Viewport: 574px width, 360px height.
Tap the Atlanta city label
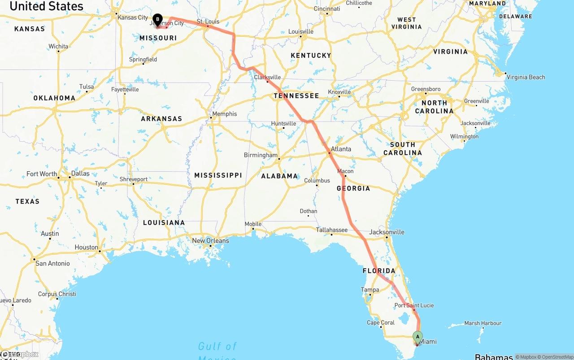[x=341, y=149]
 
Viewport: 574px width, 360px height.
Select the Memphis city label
[x=224, y=114]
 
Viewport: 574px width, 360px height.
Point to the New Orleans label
[x=210, y=241]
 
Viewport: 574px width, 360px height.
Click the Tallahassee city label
[x=332, y=230]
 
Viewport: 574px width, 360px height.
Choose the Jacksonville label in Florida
[x=387, y=232]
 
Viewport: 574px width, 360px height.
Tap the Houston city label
[x=86, y=247]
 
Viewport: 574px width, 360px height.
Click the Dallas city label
[x=80, y=173]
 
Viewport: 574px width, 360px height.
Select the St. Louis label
[x=208, y=22]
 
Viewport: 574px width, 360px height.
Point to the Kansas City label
[x=132, y=17]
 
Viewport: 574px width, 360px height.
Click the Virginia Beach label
[x=526, y=77]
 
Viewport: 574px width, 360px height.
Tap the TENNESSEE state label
[x=296, y=95]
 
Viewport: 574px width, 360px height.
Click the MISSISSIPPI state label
[x=218, y=175]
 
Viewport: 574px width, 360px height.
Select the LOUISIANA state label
[x=164, y=223]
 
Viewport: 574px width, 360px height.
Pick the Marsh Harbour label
[x=483, y=323]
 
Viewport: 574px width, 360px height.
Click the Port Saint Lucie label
[x=414, y=305]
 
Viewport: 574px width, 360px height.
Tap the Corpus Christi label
[x=57, y=294]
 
